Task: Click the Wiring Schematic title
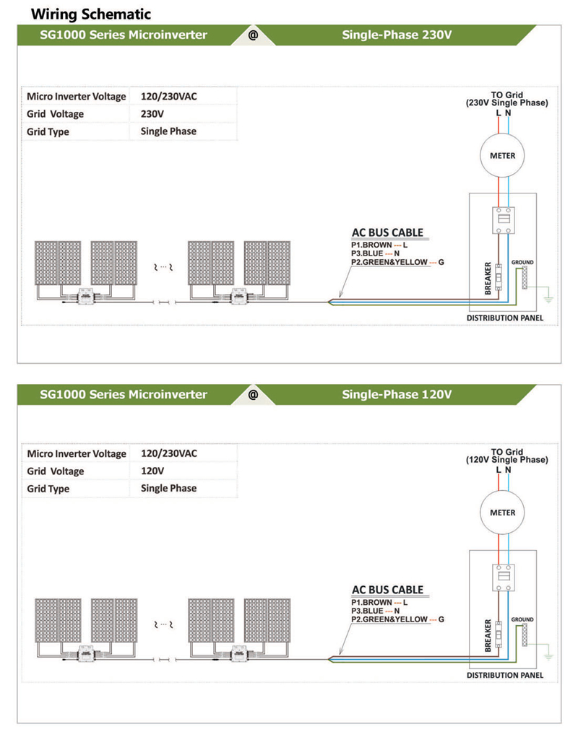(90, 14)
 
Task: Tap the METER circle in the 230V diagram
(502, 155)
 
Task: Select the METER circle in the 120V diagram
(502, 513)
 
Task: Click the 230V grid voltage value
(152, 114)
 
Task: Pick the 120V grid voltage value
(152, 471)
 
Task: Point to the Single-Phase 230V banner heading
(397, 35)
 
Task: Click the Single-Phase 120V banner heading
(397, 394)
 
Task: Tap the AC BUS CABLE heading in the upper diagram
(387, 233)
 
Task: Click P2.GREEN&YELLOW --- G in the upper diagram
(397, 262)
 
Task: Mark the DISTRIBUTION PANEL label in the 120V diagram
(505, 676)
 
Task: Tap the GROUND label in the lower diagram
(522, 619)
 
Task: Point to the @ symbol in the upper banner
(253, 35)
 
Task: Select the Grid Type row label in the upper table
(48, 132)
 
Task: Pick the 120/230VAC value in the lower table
(169, 453)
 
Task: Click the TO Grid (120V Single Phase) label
(506, 456)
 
